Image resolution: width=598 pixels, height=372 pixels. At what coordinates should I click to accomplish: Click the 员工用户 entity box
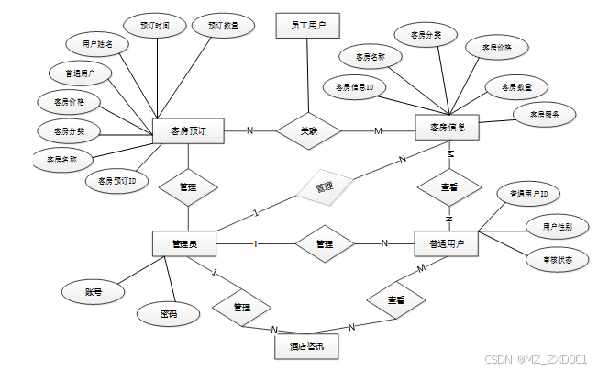click(x=307, y=26)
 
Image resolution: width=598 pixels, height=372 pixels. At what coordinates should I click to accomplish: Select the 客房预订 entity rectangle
click(x=187, y=130)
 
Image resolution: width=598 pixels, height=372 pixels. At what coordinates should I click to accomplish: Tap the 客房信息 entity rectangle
click(x=447, y=129)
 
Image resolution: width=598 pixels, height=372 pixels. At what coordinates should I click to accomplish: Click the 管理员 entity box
click(x=183, y=244)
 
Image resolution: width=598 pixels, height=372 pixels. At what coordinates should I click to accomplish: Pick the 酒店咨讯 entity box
click(x=306, y=347)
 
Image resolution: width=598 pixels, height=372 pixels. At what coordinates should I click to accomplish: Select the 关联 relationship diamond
click(x=308, y=130)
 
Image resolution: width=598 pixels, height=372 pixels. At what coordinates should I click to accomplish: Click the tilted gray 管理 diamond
click(x=323, y=187)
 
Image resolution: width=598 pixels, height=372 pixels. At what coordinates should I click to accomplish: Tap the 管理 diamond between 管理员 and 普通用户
click(x=324, y=244)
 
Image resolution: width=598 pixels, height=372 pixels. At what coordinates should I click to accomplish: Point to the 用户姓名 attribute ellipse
click(x=97, y=43)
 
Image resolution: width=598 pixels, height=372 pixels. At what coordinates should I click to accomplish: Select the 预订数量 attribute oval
click(x=222, y=26)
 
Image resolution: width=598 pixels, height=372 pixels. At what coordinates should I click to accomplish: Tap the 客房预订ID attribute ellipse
click(x=117, y=181)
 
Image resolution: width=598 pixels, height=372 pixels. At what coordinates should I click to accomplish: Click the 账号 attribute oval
click(x=93, y=292)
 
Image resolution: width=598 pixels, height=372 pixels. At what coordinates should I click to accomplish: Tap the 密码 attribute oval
click(x=168, y=313)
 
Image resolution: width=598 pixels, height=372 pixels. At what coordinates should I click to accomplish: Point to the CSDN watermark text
click(x=536, y=359)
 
